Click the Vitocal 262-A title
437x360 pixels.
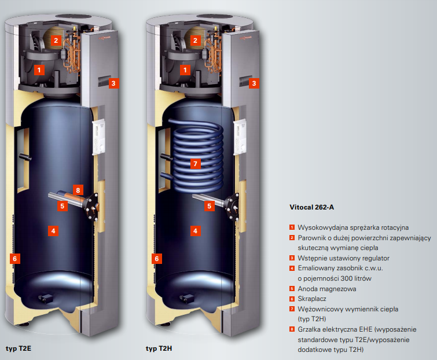click(311, 207)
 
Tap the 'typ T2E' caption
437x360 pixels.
click(19, 348)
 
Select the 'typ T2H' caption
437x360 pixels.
click(159, 348)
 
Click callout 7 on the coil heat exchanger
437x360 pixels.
click(195, 164)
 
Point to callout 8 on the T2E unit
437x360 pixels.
click(78, 190)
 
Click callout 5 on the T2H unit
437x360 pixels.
click(210, 206)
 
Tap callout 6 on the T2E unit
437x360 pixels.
click(15, 259)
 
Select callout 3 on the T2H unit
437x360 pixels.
click(254, 83)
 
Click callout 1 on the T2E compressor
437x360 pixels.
click(39, 70)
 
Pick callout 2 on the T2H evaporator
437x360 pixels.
click(195, 41)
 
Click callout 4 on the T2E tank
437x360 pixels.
click(53, 231)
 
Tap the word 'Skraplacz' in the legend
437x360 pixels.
click(312, 299)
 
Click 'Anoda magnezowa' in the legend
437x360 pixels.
click(327, 289)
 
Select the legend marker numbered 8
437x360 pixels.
click(292, 329)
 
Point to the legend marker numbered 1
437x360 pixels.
click(292, 227)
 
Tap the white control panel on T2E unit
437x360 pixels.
click(98, 137)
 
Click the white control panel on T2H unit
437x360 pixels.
click(240, 137)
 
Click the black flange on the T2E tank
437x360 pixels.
click(91, 206)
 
